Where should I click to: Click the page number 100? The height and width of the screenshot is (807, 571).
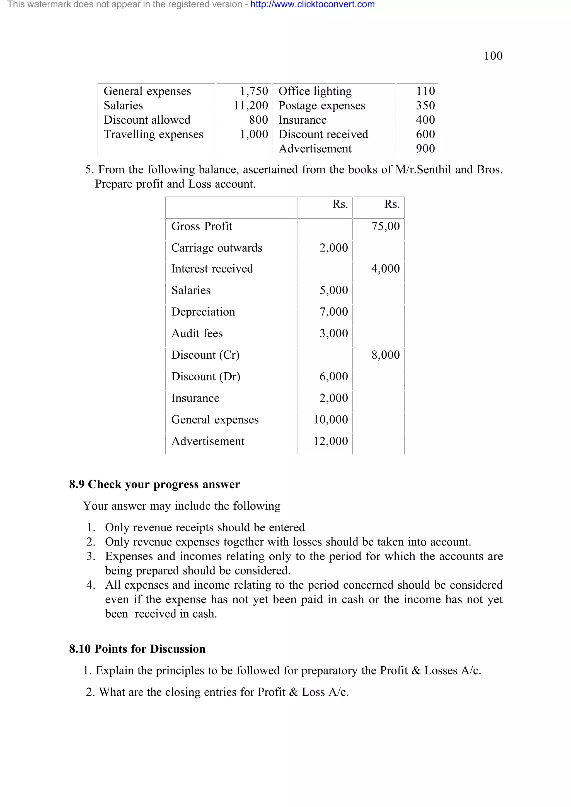[493, 56]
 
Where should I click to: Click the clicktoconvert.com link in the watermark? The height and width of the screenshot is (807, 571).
[313, 4]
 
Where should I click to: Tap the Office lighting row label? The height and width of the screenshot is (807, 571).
[315, 91]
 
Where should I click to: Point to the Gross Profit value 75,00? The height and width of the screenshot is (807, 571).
[385, 226]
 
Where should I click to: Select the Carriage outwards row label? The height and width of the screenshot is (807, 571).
[216, 248]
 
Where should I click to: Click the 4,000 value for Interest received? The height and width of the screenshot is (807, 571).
[385, 268]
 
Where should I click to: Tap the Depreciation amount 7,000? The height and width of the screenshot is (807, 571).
[333, 312]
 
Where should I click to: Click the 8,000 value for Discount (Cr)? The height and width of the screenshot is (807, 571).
[385, 355]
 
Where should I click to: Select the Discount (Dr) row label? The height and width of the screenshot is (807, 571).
[205, 376]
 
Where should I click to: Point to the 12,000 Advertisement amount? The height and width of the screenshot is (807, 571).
[330, 441]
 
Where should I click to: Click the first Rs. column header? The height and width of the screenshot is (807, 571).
[340, 204]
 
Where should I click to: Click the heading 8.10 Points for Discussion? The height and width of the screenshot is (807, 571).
[137, 649]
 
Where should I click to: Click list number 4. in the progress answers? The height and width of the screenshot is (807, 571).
[91, 585]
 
